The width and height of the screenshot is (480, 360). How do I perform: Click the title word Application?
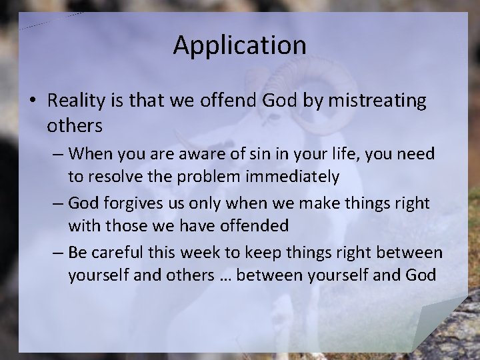240,45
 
